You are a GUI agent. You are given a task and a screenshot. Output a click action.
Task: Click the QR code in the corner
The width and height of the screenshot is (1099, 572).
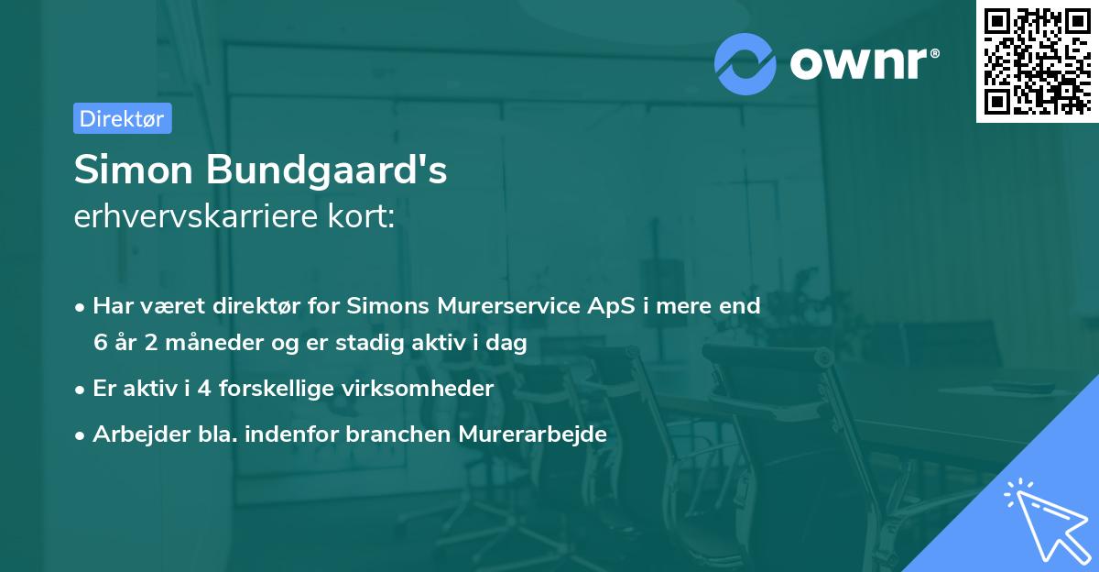(x=1036, y=60)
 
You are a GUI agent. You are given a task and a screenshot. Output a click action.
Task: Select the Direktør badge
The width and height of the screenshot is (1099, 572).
(x=122, y=118)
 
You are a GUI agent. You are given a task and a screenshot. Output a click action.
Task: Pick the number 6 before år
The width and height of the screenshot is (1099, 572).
(x=100, y=344)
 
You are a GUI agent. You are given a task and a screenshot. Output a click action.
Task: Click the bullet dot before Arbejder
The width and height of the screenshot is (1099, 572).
(x=82, y=435)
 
